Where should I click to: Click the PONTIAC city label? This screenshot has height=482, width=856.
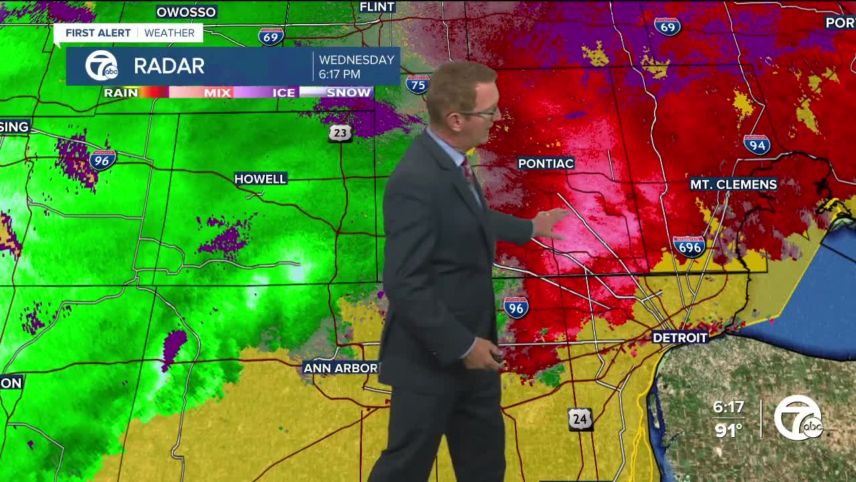pyautogui.click(x=546, y=163)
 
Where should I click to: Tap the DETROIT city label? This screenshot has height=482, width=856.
pyautogui.click(x=679, y=337)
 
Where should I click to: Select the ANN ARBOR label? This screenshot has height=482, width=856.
pyautogui.click(x=340, y=368)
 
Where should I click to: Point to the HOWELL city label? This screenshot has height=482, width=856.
pyautogui.click(x=260, y=179)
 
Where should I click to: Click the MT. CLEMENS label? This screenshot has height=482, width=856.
pyautogui.click(x=733, y=184)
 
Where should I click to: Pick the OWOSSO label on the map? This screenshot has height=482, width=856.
pyautogui.click(x=186, y=12)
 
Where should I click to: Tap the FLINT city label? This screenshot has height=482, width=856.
pyautogui.click(x=377, y=7)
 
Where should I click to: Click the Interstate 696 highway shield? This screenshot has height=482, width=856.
pyautogui.click(x=689, y=246)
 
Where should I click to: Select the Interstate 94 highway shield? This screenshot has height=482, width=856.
pyautogui.click(x=757, y=144)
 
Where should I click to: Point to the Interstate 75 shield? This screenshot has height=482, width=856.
pyautogui.click(x=418, y=84)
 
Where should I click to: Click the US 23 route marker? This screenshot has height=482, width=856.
pyautogui.click(x=340, y=133)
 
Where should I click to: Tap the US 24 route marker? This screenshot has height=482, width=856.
pyautogui.click(x=580, y=419)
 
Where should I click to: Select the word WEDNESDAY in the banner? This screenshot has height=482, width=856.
pyautogui.click(x=356, y=60)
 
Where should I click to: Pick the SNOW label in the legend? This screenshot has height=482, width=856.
pyautogui.click(x=348, y=92)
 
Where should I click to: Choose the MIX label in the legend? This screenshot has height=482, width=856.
pyautogui.click(x=217, y=92)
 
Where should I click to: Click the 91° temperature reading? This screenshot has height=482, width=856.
pyautogui.click(x=728, y=429)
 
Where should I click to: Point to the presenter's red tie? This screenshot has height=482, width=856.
pyautogui.click(x=468, y=171)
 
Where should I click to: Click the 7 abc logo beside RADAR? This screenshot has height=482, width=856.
pyautogui.click(x=101, y=66)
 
